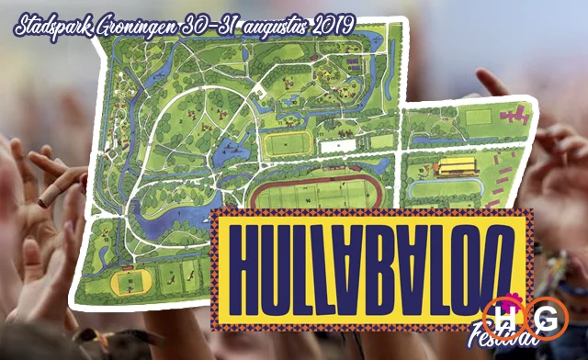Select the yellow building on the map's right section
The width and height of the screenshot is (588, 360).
point(456,166)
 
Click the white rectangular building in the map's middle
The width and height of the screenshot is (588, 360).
point(338,144)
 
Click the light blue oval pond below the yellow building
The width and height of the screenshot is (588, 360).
point(446,188)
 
